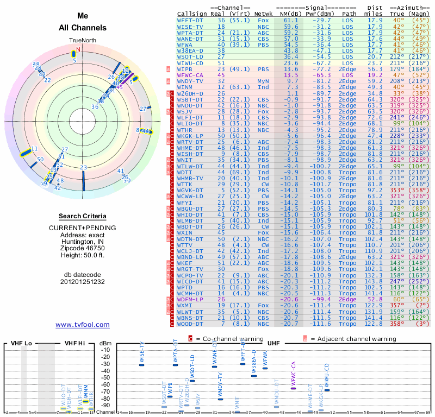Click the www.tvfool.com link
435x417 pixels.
click(82, 325)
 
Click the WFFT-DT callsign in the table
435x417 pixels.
click(190, 20)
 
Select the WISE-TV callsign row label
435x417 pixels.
click(190, 26)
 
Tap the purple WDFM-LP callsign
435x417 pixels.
click(191, 299)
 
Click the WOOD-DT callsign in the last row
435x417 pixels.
click(191, 324)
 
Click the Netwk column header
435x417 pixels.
click(264, 13)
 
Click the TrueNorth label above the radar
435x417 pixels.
click(82, 41)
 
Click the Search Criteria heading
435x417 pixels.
click(82, 216)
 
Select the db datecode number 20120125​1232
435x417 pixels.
click(82, 282)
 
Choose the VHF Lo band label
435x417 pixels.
click(19, 343)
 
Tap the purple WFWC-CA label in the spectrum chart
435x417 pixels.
click(294, 372)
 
